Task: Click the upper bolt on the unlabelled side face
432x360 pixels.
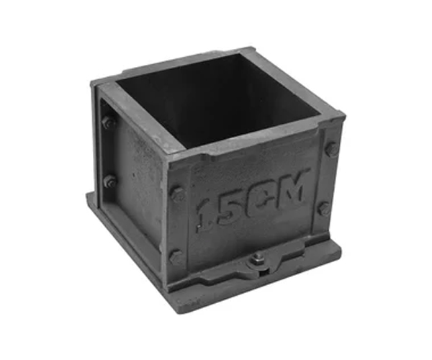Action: click(109, 123)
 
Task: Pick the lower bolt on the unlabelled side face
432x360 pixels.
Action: click(109, 181)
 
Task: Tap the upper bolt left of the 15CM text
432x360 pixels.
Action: click(176, 193)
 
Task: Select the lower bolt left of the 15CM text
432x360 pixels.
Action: click(175, 256)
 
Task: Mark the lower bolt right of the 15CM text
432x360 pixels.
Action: click(325, 209)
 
